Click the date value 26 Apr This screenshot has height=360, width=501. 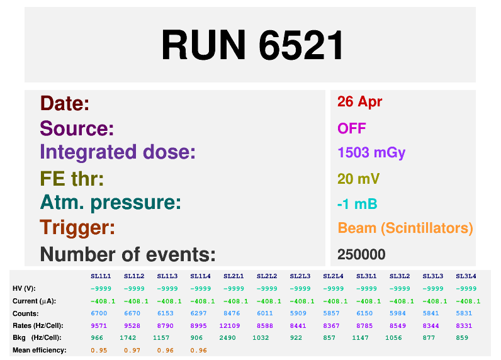[359, 102]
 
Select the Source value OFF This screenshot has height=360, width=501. [351, 129]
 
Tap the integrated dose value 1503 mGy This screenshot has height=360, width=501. [371, 153]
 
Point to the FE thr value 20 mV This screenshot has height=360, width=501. [358, 179]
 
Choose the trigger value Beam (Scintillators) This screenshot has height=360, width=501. [405, 228]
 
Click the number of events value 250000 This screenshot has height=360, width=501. [361, 255]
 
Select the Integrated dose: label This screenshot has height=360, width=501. [118, 152]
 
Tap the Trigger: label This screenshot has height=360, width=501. [77, 227]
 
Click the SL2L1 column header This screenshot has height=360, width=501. [234, 276]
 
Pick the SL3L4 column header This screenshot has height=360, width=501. [466, 276]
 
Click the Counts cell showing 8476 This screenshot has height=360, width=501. [234, 313]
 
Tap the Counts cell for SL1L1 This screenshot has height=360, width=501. [101, 313]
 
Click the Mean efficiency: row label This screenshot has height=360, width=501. [39, 350]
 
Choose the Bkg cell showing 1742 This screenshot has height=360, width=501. [133, 338]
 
